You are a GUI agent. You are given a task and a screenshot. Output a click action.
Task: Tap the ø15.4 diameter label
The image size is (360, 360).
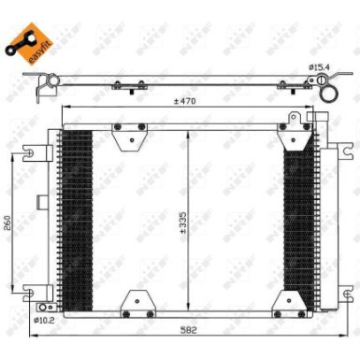pyautogui.click(x=321, y=66)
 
